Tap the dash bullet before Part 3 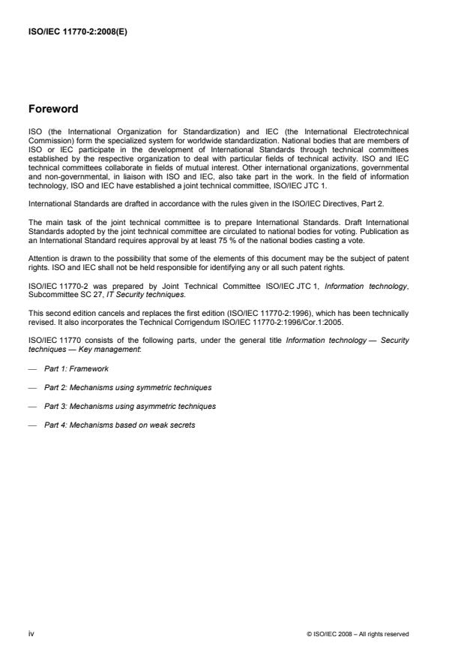click(33, 406)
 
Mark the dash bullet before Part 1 click(33, 368)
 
